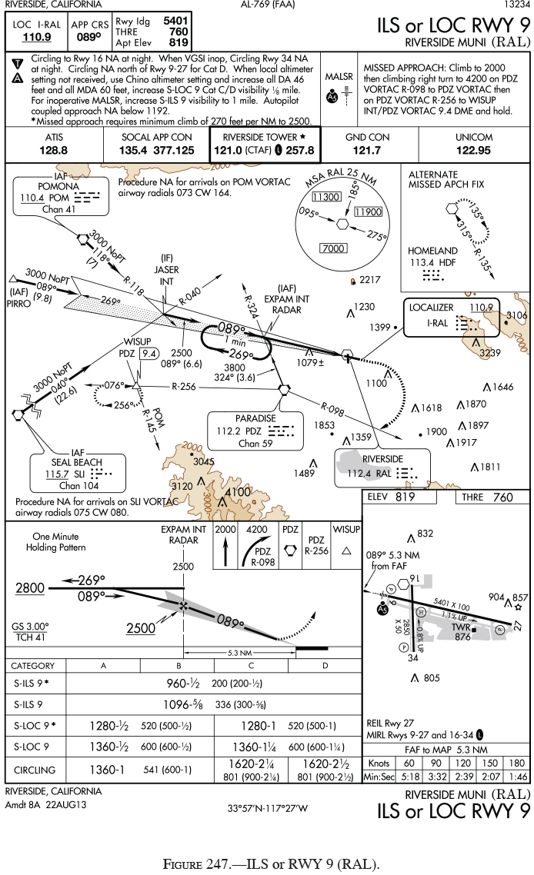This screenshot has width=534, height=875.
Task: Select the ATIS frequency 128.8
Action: coord(53,150)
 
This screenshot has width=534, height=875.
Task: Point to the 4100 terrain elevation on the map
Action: coord(238,492)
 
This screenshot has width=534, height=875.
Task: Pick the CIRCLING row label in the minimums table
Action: coord(35,769)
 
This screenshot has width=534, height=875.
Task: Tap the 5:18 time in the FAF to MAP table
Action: coord(409,777)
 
